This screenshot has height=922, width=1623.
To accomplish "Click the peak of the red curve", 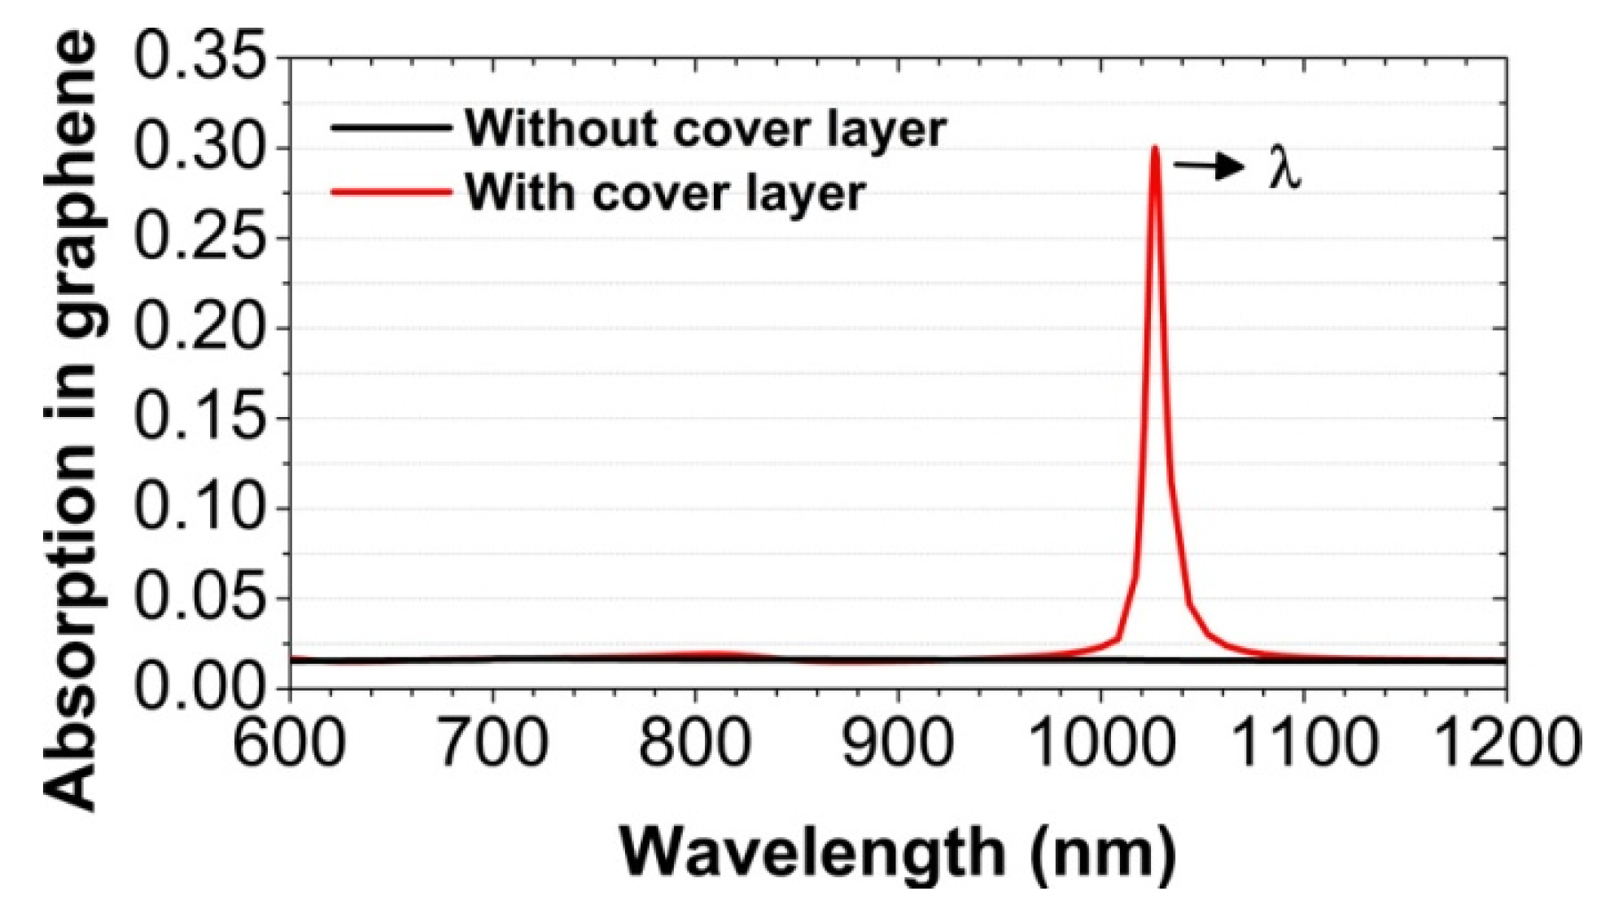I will click(x=1155, y=149).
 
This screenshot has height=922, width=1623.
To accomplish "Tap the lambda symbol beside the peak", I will click(x=1284, y=170).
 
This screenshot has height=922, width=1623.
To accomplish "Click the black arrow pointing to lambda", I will click(x=1209, y=167).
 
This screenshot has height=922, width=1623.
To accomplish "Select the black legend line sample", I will click(x=391, y=127).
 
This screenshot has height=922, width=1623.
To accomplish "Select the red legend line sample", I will click(x=391, y=192).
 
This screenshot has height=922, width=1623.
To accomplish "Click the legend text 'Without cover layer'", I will click(x=706, y=129).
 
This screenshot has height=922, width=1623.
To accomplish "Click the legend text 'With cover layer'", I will click(x=665, y=194).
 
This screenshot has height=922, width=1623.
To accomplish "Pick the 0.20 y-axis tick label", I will click(x=199, y=327).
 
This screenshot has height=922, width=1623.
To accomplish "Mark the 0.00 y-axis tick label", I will click(x=199, y=688).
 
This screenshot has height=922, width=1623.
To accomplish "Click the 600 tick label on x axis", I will click(x=290, y=743).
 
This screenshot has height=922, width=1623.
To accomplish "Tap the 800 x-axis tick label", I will click(x=694, y=743).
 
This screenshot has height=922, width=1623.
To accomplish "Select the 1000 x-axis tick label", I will click(x=1100, y=743).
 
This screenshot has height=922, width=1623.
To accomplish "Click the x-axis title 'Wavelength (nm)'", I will click(x=898, y=852).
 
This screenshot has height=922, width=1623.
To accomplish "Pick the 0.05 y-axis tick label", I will click(x=199, y=598).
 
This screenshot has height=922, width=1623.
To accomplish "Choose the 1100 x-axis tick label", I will click(x=1304, y=743).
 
